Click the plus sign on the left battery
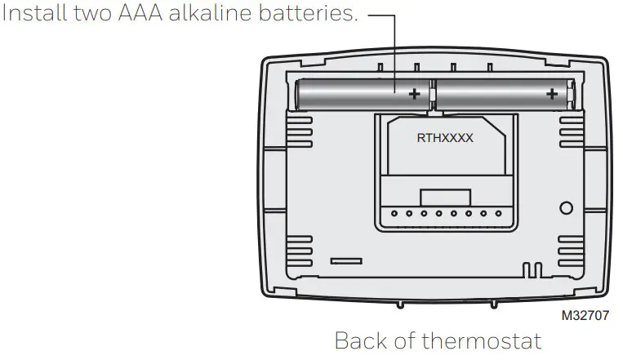coord(415,94)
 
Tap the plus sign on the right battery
coord(552,94)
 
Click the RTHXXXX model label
coord(445,138)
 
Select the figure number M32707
coord(585,315)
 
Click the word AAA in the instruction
coord(140,13)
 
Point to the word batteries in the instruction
coord(309,13)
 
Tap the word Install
coord(34,13)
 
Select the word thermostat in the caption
coord(481,341)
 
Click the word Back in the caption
coord(361,341)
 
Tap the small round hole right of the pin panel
coord(566,208)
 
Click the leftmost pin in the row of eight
coord(394,213)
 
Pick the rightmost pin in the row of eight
coord(498,213)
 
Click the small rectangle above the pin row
coord(445,198)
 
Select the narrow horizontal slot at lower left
coord(346,261)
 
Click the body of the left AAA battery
coord(363,94)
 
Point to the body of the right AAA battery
coord(504,94)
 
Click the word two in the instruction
coord(92,13)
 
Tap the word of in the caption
coord(404,341)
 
